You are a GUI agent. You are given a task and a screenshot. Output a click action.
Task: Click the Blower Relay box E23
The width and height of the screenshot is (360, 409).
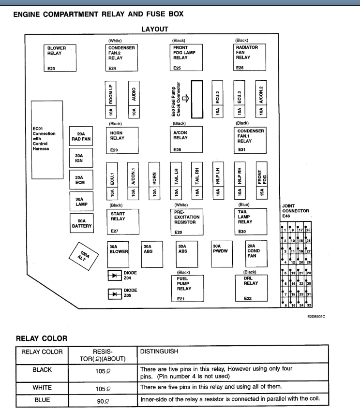click(x=60, y=58)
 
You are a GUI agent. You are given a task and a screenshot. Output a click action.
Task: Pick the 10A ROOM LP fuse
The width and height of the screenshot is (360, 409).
click(x=112, y=100)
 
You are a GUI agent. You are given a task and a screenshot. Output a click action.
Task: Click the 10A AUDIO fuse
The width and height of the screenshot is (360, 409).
click(x=134, y=100)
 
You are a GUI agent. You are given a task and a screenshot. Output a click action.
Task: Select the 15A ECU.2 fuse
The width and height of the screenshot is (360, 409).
click(x=218, y=100)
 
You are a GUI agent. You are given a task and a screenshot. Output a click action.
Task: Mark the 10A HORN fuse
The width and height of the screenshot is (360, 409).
click(x=154, y=180)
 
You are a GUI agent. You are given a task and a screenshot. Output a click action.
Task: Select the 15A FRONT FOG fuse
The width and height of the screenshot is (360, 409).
click(x=262, y=180)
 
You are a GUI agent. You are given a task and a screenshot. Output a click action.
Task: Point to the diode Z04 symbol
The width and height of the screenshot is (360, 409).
click(x=115, y=276)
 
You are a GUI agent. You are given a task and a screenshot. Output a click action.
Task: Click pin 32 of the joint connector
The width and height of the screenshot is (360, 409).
click(x=309, y=305)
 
